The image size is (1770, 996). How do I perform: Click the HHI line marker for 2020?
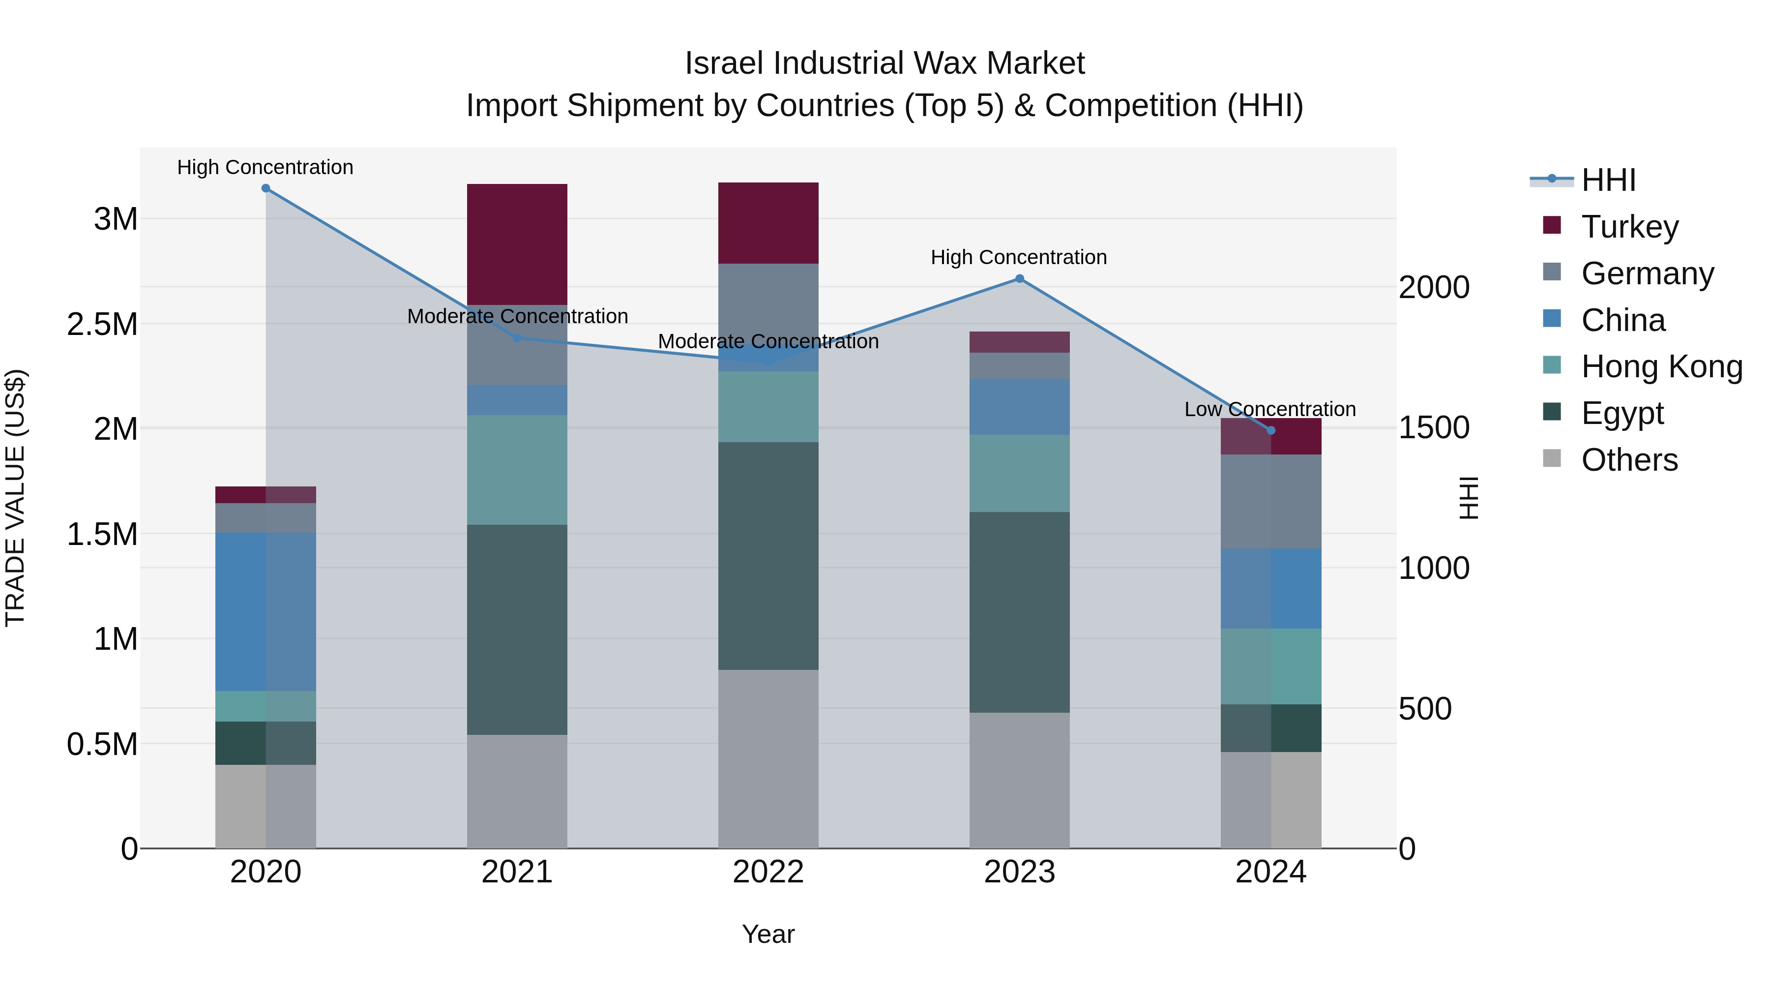(266, 188)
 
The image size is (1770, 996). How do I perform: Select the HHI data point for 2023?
(1020, 278)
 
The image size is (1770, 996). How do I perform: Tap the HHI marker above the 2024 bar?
(1270, 430)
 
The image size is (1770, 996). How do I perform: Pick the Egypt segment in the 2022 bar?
(768, 555)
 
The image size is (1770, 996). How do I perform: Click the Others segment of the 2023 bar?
(1020, 780)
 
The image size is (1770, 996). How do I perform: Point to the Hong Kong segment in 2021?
(517, 470)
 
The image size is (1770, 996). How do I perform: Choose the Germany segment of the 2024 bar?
(1270, 501)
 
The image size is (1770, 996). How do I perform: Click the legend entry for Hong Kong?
(1661, 367)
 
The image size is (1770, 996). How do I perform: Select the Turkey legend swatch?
(1552, 225)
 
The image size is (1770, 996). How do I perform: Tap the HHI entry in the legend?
(1608, 180)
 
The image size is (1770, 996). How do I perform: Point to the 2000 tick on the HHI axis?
(1434, 287)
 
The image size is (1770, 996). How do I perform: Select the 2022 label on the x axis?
(768, 872)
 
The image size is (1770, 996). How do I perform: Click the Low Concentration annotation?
(1270, 409)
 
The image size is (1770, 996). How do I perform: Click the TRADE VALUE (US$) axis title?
(15, 498)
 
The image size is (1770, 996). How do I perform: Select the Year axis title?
(768, 934)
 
